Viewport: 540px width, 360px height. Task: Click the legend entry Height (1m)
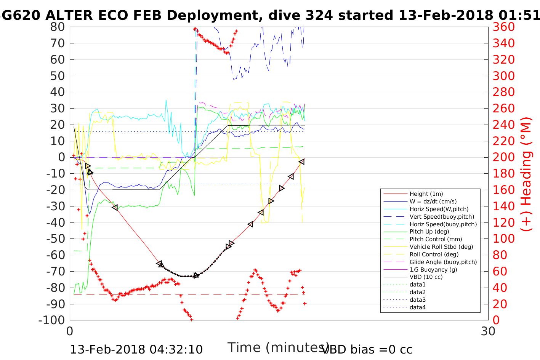click(426, 194)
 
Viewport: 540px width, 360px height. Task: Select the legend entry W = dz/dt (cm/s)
click(433, 202)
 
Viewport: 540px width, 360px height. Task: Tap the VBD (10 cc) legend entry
click(426, 277)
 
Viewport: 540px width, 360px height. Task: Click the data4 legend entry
click(417, 307)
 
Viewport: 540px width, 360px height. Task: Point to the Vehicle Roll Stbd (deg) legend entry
click(441, 247)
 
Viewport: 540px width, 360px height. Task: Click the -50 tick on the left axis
click(55, 239)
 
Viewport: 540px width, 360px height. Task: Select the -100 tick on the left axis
click(53, 320)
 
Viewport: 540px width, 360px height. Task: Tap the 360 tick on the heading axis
click(504, 27)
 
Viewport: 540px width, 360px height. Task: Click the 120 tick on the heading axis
click(504, 222)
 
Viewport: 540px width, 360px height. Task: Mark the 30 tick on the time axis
click(488, 331)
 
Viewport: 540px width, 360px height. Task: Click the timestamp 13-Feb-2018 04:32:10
click(136, 349)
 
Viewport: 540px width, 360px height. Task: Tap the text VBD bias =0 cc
click(368, 349)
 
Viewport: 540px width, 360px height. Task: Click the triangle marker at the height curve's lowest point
click(196, 275)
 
